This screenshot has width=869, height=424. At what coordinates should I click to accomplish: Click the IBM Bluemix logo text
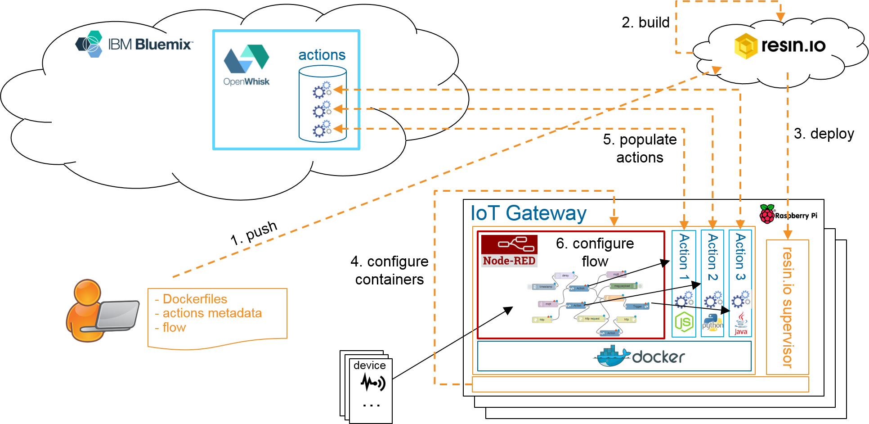tap(150, 44)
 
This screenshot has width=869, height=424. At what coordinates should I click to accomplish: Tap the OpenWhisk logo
tap(246, 64)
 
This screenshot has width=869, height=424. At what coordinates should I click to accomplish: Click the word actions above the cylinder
tap(322, 55)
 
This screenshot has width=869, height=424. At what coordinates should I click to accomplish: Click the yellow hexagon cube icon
tap(746, 46)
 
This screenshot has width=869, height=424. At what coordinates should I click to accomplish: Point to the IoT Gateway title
tap(528, 213)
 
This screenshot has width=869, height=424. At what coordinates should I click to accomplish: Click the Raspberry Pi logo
tap(788, 215)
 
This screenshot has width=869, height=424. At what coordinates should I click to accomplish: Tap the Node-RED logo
tap(509, 251)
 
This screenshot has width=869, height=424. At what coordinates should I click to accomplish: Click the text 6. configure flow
tap(595, 252)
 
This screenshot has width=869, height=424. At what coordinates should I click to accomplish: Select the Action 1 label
tap(684, 257)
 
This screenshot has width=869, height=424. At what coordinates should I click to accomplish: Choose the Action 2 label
tap(712, 257)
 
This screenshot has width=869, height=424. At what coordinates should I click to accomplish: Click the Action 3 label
tap(740, 257)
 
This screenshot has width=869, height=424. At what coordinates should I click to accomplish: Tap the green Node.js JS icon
tap(684, 322)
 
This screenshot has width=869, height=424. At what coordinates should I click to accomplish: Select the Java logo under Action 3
tap(741, 324)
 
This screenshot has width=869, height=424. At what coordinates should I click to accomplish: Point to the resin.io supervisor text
tap(787, 307)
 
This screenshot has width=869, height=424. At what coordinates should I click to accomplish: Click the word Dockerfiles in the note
tap(195, 299)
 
